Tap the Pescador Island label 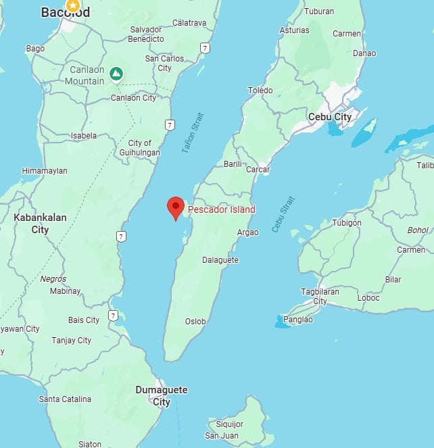tap(222, 209)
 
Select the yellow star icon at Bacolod tap(72, 5)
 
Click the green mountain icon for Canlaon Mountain tap(116, 72)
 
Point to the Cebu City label tap(329, 117)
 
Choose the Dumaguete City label tap(162, 396)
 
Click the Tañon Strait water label tap(193, 132)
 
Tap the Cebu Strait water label tap(284, 214)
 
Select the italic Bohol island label tap(417, 230)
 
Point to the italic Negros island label tap(53, 278)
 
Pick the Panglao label tap(298, 320)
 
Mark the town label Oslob tap(195, 322)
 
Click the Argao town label tap(248, 232)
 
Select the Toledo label tap(260, 91)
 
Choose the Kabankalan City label tap(31, 224)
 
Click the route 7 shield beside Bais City tap(114, 316)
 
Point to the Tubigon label tap(347, 223)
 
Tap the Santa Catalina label tap(65, 399)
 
